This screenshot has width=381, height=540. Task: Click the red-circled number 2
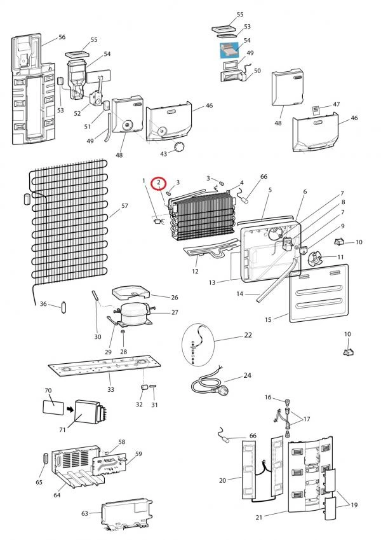pos(159,182)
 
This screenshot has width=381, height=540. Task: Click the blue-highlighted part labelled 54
pos(229,50)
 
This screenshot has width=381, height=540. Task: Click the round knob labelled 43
pos(179,148)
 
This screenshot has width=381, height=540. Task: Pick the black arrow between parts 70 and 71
pos(70,410)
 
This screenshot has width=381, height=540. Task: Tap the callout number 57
pos(124,206)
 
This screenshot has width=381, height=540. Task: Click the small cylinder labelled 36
pos(63,307)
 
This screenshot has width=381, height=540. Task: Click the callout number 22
pos(248,335)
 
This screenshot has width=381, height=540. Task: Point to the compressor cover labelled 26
pos(131,293)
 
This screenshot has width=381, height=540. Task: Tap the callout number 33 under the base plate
pos(110,389)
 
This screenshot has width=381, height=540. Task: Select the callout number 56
pos(62,37)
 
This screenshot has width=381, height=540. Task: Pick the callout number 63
pos(84,513)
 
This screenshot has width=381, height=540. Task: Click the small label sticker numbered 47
pos(316,110)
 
